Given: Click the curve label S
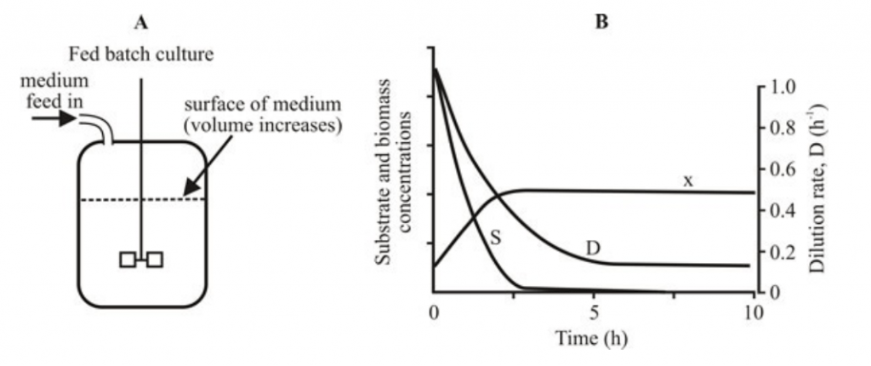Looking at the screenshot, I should (496, 239).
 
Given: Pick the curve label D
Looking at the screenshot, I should (593, 248).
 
